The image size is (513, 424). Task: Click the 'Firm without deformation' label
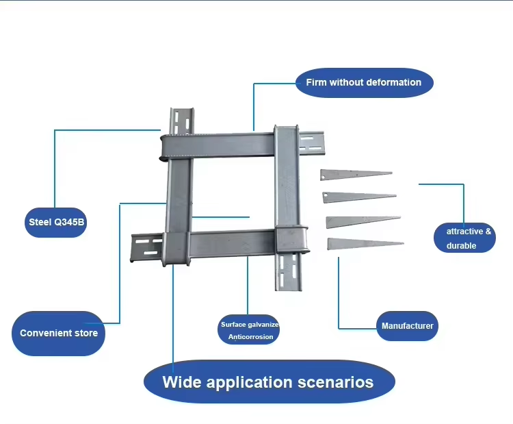pyautogui.click(x=364, y=83)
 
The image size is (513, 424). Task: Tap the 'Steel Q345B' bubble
pyautogui.click(x=56, y=223)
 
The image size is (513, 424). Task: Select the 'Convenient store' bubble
pyautogui.click(x=59, y=334)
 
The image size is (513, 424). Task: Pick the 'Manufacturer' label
pyautogui.click(x=407, y=326)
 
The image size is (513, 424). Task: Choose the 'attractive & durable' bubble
pyautogui.click(x=464, y=238)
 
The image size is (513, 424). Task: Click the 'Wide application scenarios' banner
pyautogui.click(x=268, y=382)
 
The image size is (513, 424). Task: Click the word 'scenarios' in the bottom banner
pyautogui.click(x=332, y=382)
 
